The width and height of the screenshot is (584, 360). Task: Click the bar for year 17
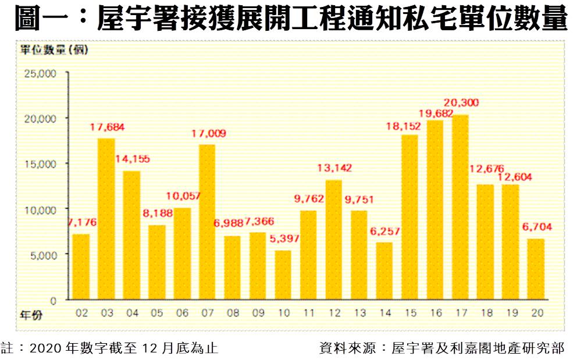[460, 207]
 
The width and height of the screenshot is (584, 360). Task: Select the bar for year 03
[106, 219]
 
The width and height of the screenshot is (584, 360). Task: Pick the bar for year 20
[536, 269]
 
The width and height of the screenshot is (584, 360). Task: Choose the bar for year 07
[207, 222]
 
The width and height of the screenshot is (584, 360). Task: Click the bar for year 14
[384, 271]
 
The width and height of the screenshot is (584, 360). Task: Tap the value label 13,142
[334, 168]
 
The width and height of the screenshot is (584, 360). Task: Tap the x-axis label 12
[334, 313]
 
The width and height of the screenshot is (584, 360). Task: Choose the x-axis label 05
[156, 313]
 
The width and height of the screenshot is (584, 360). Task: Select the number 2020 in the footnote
[44, 349]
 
